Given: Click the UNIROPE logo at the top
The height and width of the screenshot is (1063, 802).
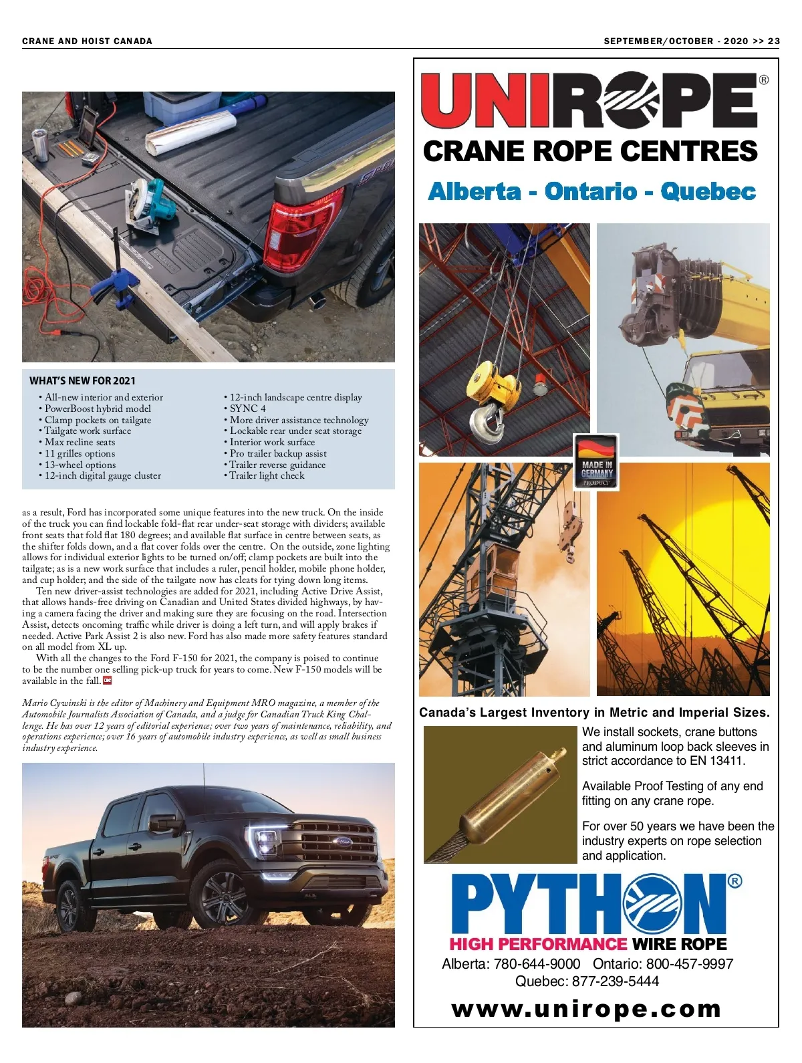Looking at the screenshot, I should coord(591,100).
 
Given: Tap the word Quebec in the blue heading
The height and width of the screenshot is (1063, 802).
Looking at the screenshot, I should coord(708,192).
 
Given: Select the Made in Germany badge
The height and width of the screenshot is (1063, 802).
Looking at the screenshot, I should coord(596,462).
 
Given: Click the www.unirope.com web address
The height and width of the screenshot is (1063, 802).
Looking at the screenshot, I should coord(586,1009).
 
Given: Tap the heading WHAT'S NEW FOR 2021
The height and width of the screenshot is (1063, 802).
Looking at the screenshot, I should coord(82,381).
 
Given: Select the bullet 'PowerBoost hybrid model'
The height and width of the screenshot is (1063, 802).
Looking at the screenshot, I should coord(98,408).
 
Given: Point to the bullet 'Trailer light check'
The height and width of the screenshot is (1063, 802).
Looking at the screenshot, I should coord(267,475).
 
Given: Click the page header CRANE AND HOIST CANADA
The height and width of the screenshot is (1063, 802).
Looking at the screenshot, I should coord(87,41).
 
